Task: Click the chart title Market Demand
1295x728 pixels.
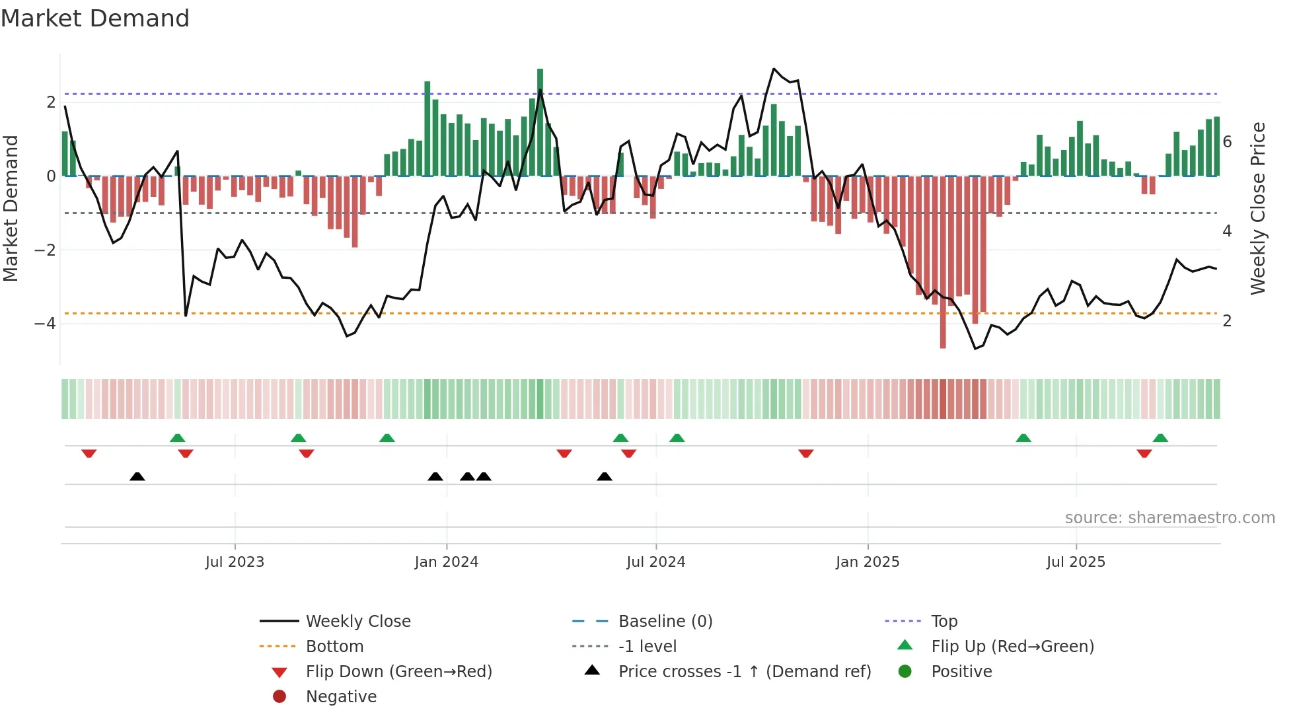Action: click(95, 18)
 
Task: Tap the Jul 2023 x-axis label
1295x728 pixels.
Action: click(235, 562)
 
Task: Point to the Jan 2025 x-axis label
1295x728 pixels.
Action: click(867, 562)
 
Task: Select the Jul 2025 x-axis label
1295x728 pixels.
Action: click(1076, 562)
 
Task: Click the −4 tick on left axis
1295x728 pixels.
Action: click(45, 324)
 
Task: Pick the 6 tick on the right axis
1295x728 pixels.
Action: click(1227, 142)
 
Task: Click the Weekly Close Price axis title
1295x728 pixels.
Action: click(1258, 208)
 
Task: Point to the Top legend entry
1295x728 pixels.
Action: click(943, 622)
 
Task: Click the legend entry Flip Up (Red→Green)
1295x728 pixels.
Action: click(1012, 647)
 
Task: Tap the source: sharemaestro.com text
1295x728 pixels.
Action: click(1169, 518)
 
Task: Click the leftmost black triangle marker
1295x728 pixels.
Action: click(137, 476)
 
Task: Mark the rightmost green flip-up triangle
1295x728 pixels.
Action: click(1160, 438)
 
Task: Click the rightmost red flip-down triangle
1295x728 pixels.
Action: click(1144, 453)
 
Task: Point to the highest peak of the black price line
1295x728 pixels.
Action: click(774, 69)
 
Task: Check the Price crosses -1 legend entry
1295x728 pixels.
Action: click(744, 672)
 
